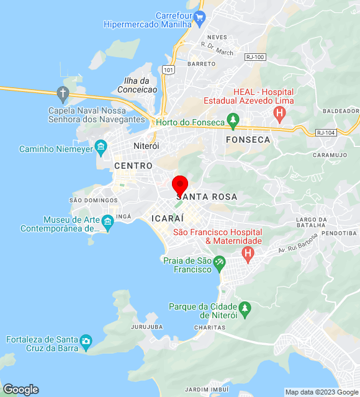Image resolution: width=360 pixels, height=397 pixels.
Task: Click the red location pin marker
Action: pos(180,185)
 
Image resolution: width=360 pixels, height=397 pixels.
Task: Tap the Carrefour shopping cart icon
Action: pos(199,18)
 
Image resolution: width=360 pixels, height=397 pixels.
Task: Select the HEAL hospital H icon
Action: pos(279,113)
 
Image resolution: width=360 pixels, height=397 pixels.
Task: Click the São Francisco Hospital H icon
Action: pos(248,253)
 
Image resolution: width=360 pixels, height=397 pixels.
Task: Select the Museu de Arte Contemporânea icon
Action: pos(108,222)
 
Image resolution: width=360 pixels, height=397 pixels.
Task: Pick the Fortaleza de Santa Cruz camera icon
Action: pos(86,340)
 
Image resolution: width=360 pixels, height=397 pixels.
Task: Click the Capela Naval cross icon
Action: pos(62,94)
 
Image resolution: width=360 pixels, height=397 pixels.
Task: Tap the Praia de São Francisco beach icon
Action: pos(219,264)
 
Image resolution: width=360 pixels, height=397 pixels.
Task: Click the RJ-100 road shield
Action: pos(255,57)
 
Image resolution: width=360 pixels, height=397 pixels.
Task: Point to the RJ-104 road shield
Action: pos(325,133)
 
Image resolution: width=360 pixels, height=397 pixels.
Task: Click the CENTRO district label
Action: pos(133,166)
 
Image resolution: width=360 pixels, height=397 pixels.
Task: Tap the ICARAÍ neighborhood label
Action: pos(167,218)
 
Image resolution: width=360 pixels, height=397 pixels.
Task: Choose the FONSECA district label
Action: pos(248,140)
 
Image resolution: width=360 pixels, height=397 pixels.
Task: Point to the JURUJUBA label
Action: pos(147,326)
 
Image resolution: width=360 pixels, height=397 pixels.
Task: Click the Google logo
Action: pos(20,390)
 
